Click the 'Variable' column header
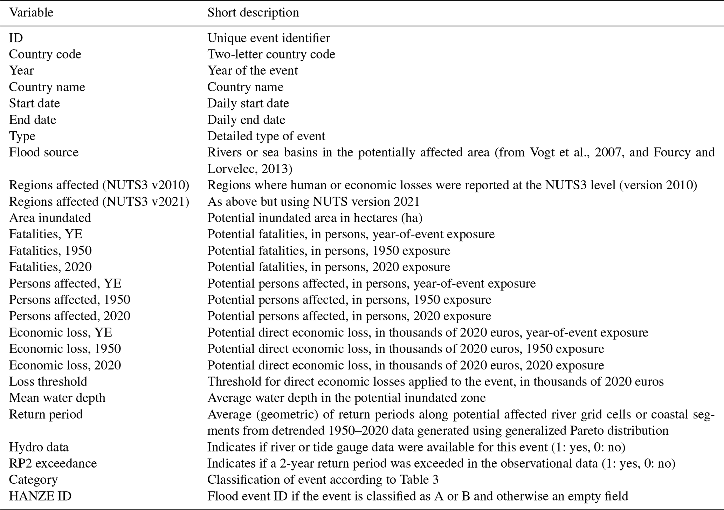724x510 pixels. pyautogui.click(x=31, y=13)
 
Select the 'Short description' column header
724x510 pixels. pyautogui.click(x=253, y=13)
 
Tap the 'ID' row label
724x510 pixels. pyautogui.click(x=16, y=38)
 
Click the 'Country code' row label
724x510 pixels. pyautogui.click(x=45, y=54)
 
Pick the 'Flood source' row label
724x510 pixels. pyautogui.click(x=44, y=152)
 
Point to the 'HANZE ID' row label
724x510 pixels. pyautogui.click(x=40, y=496)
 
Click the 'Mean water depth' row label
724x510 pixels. pyautogui.click(x=57, y=398)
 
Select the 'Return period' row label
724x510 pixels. pyautogui.click(x=46, y=414)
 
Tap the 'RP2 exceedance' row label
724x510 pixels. pyautogui.click(x=53, y=463)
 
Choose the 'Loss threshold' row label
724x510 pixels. pyautogui.click(x=48, y=381)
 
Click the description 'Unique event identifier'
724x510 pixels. pyautogui.click(x=269, y=38)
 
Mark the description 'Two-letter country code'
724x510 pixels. pyautogui.click(x=271, y=54)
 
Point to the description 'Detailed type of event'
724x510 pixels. pyautogui.click(x=266, y=136)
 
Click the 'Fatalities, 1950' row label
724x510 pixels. pyautogui.click(x=50, y=251)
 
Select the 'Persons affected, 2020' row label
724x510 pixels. pyautogui.click(x=69, y=316)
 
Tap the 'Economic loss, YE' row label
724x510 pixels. pyautogui.click(x=61, y=332)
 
